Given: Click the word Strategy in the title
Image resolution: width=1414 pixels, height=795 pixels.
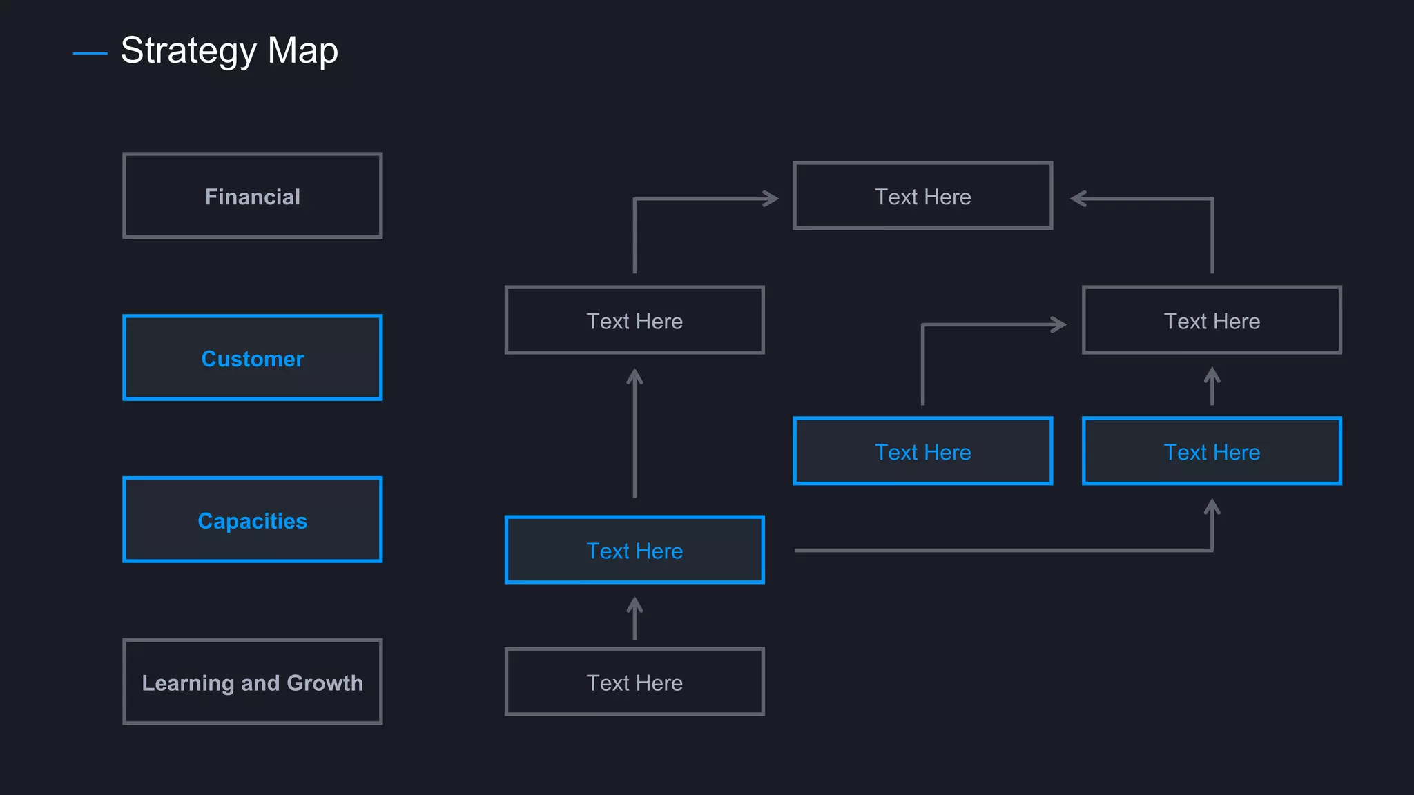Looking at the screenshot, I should tap(188, 51).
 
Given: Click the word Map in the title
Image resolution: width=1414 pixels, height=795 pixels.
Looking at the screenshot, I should tap(302, 51).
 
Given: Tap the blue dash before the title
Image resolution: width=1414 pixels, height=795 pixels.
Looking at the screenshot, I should tap(90, 53).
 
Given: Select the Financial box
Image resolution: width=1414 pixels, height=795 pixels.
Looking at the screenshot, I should tap(252, 196).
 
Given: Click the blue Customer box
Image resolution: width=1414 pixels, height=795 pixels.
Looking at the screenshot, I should tap(252, 358).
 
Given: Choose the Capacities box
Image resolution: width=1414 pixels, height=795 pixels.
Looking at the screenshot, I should tap(252, 520).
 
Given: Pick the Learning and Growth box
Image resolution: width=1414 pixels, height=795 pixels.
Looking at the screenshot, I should tap(252, 682).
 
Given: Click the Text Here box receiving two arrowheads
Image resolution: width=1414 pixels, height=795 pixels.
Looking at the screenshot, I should tap(922, 196).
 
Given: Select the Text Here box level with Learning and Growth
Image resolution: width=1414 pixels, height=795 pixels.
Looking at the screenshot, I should tap(635, 682).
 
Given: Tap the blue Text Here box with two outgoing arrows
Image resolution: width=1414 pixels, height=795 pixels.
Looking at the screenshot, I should tap(635, 550).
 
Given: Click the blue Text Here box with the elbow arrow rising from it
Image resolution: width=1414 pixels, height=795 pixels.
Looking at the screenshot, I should tap(922, 451).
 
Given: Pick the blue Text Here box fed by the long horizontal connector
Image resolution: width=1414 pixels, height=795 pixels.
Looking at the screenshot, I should tap(1212, 451).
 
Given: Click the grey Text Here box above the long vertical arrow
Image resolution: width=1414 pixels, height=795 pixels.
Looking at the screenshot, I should tap(635, 320).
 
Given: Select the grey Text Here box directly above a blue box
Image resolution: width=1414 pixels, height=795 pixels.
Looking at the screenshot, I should tap(1212, 320).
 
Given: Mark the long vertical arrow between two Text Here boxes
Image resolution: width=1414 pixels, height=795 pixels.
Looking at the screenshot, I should tap(635, 435).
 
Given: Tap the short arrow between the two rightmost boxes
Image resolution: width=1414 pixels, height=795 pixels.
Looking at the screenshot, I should tap(1212, 386).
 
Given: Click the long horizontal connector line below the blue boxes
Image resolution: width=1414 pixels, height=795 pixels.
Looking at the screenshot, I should tap(1001, 550).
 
